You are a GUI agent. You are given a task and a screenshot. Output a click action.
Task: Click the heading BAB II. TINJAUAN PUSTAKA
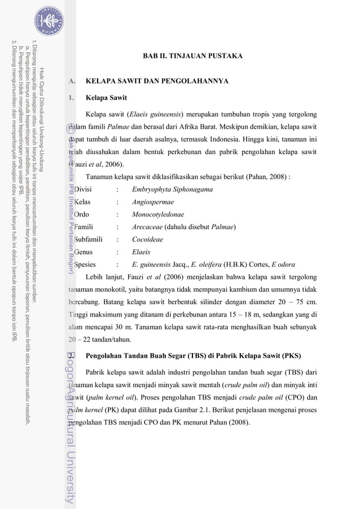[x=193, y=56]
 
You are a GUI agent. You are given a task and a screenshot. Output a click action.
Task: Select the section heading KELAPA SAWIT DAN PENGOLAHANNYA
[x=157, y=82]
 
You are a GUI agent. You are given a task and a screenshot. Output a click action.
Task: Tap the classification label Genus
[x=87, y=252]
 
